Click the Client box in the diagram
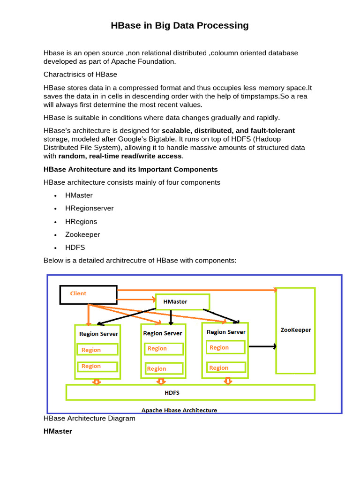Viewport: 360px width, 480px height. [x=88, y=294]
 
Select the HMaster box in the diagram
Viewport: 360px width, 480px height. [x=182, y=302]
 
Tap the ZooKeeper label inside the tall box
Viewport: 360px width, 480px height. [x=295, y=330]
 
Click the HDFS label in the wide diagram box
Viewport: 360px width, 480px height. [x=172, y=392]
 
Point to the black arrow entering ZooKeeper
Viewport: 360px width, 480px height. [x=262, y=347]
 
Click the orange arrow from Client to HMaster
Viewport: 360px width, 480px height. [x=136, y=299]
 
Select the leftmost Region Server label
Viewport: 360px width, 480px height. [x=98, y=334]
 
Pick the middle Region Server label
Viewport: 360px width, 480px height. [x=162, y=333]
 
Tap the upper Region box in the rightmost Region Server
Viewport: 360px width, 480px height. [x=225, y=347]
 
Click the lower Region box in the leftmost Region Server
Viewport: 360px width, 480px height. [x=97, y=367]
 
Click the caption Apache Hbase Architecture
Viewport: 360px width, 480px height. [x=179, y=410]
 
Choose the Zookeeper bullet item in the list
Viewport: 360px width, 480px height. [x=82, y=234]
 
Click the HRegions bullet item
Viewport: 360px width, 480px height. [x=81, y=221]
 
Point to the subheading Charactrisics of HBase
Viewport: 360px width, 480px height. [x=80, y=75]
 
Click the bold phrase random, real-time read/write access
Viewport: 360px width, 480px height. [x=120, y=156]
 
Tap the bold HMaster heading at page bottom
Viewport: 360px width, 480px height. [x=58, y=431]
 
